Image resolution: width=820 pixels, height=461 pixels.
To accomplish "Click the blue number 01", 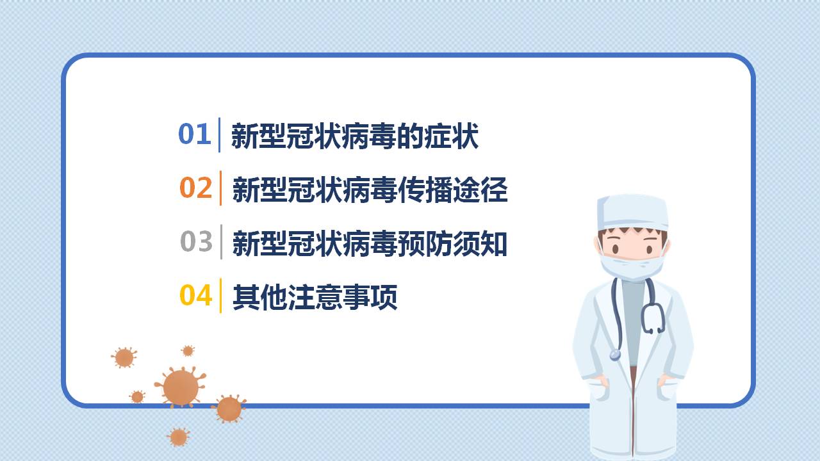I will pyautogui.click(x=194, y=134).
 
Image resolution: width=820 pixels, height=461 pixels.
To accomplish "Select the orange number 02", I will pyautogui.click(x=195, y=188).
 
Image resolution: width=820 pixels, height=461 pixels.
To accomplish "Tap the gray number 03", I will pyautogui.click(x=196, y=242).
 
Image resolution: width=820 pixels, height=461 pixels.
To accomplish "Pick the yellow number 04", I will pyautogui.click(x=195, y=296).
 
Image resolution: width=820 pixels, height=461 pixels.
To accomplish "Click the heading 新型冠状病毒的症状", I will pyautogui.click(x=354, y=136).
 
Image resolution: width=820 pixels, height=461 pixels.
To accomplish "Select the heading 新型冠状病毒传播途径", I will pyautogui.click(x=370, y=190).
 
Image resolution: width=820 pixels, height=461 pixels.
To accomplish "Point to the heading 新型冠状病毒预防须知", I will pyautogui.click(x=370, y=244).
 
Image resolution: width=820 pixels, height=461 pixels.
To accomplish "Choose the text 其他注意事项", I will pyautogui.click(x=315, y=297).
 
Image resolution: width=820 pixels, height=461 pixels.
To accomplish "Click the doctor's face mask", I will pyautogui.click(x=631, y=266).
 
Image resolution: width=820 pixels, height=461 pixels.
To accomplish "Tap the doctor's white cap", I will pyautogui.click(x=632, y=212).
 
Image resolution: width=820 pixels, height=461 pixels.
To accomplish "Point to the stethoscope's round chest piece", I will pyautogui.click(x=615, y=354).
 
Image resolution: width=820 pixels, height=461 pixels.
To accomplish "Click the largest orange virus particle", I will pyautogui.click(x=181, y=387).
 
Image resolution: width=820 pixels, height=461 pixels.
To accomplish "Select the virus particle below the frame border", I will pyautogui.click(x=179, y=437).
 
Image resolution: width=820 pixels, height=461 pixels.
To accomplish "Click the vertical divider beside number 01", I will pyautogui.click(x=219, y=134).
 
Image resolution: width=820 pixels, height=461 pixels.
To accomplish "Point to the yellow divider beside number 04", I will pyautogui.click(x=221, y=296).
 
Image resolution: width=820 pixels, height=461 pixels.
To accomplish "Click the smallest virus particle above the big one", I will pyautogui.click(x=188, y=351).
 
